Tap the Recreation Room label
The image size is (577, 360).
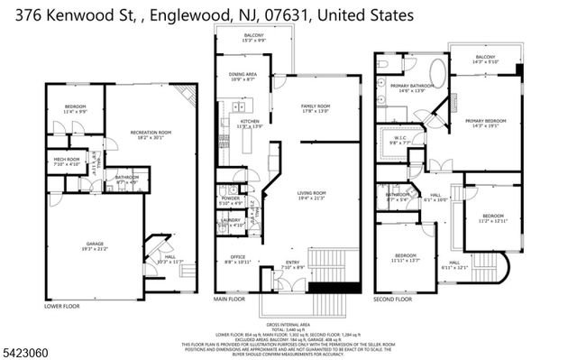point(150,134)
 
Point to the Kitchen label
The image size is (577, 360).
point(249,122)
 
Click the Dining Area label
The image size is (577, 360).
point(243,77)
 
